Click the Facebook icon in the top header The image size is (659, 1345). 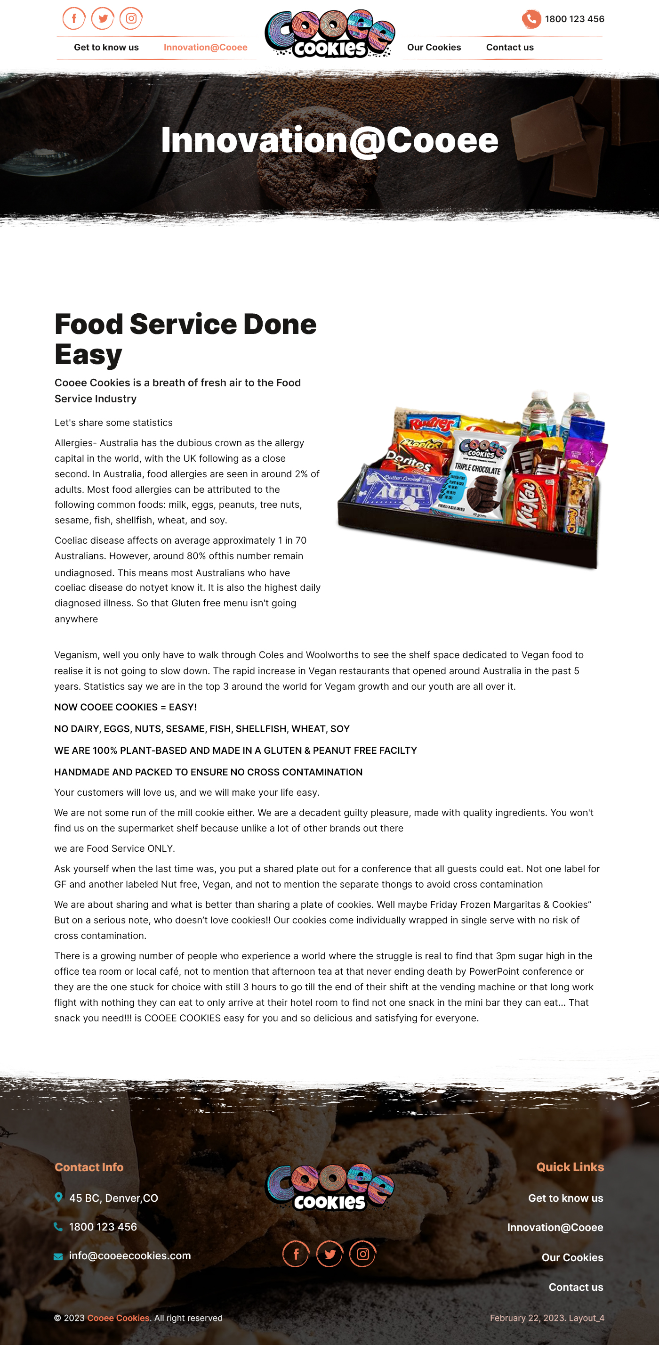[74, 19]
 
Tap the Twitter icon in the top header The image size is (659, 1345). [103, 19]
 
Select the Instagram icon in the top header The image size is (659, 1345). [131, 19]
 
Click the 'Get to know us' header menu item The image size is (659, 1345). [106, 48]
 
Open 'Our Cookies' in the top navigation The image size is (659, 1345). [434, 48]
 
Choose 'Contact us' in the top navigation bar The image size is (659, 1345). [509, 48]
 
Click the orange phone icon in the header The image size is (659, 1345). [531, 19]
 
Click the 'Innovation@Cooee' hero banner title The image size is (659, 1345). [329, 140]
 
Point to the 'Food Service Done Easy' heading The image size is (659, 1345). [185, 339]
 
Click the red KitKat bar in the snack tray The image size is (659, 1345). [528, 502]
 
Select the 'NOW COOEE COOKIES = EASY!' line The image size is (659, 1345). [125, 707]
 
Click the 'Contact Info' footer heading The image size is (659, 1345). [88, 1167]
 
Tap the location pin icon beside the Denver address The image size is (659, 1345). [58, 1197]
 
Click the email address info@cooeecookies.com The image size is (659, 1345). [129, 1255]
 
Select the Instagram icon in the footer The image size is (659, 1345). [362, 1254]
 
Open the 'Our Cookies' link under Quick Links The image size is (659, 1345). [572, 1257]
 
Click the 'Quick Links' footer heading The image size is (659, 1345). [570, 1167]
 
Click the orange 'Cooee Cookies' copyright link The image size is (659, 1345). [119, 1318]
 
